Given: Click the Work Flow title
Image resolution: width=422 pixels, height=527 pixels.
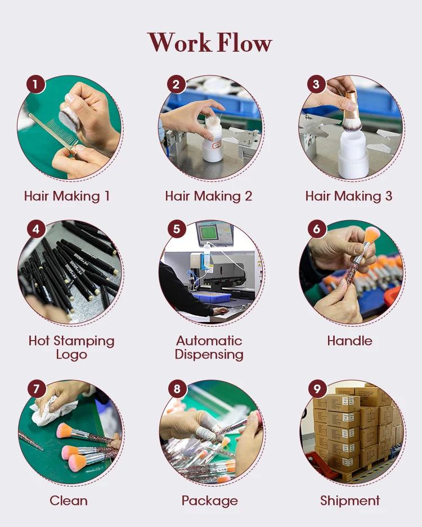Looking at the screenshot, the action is click(x=210, y=42).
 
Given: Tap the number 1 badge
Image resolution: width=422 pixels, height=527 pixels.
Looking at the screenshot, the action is click(x=35, y=84).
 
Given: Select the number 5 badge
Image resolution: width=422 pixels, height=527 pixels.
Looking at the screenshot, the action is click(x=177, y=229).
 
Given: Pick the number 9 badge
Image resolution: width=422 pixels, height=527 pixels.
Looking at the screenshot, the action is click(x=317, y=388).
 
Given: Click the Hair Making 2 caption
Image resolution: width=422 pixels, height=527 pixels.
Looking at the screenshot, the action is click(x=209, y=196).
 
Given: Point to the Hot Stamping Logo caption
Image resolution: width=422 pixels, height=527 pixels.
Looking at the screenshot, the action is click(x=71, y=347).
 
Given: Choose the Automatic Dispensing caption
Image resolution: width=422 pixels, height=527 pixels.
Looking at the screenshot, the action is click(x=209, y=347).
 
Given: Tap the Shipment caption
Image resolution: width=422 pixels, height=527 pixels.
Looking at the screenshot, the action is click(x=350, y=501).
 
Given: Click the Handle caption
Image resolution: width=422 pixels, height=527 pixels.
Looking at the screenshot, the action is click(x=350, y=341).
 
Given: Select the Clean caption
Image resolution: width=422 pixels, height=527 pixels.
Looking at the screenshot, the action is click(x=69, y=501).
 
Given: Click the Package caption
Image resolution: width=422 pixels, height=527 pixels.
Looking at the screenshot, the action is click(x=210, y=501).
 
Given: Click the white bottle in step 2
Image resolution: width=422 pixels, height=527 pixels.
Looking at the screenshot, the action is click(x=212, y=141).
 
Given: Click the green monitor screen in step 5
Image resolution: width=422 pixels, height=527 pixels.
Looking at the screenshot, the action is click(x=209, y=232).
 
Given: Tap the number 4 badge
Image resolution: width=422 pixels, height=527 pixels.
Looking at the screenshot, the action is click(x=36, y=229).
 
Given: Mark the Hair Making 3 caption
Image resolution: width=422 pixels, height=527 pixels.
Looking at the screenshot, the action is click(x=349, y=196).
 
